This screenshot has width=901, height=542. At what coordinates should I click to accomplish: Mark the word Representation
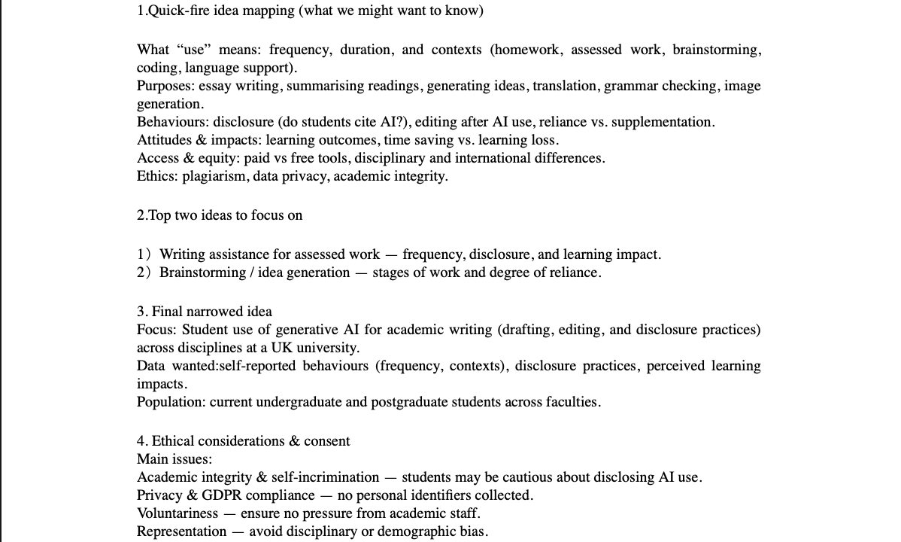181,531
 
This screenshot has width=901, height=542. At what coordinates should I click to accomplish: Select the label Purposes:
165,86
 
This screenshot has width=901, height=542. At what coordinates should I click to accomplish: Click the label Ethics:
157,176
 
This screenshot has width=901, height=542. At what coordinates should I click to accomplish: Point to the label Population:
171,402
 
